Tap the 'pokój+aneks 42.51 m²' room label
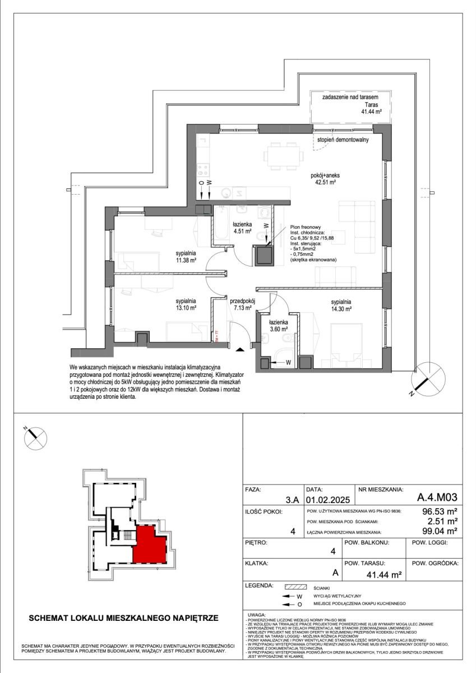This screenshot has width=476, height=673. pyautogui.click(x=326, y=178)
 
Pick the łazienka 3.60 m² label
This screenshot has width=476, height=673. pyautogui.click(x=279, y=326)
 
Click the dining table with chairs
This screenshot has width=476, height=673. pyautogui.click(x=283, y=155)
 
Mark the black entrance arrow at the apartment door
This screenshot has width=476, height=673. pyautogui.click(x=241, y=349)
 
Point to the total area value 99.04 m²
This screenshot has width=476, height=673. pyautogui.click(x=441, y=531)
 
